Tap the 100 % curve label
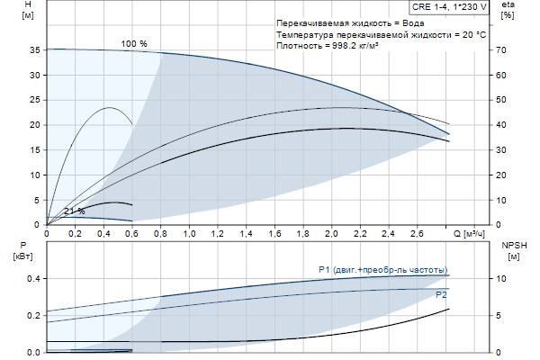[x=134, y=43]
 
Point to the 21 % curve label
[x=74, y=211]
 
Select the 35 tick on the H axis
[x=36, y=50]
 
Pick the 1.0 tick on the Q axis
[x=190, y=234]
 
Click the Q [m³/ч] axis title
[x=469, y=234]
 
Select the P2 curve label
[x=441, y=294]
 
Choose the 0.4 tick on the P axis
[x=34, y=278]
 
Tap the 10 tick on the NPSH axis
[x=503, y=278]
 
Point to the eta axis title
[x=508, y=5]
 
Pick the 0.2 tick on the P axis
[x=34, y=315]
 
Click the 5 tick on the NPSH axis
[x=501, y=315]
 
